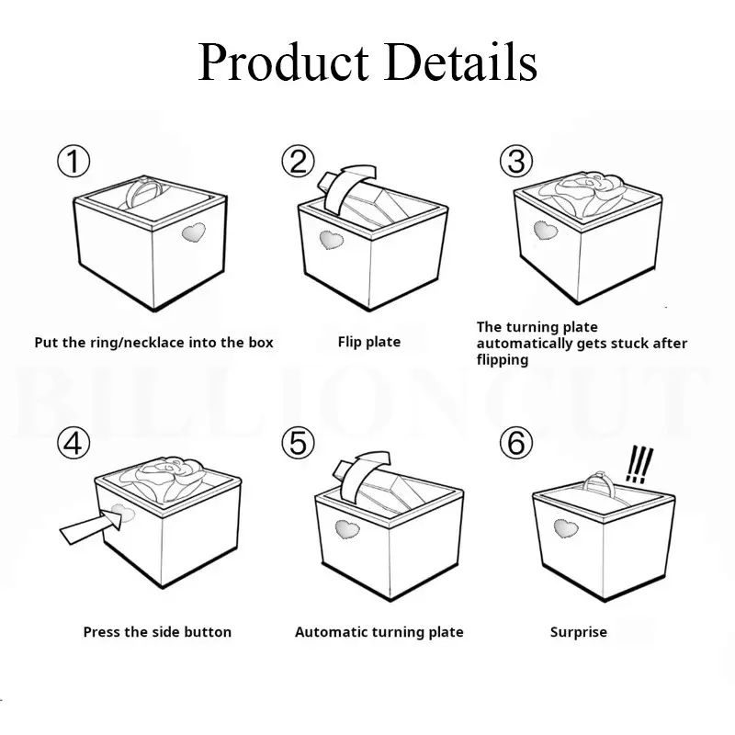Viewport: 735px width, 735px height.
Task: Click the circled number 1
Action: [x=73, y=162]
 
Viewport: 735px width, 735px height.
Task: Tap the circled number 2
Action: [x=298, y=161]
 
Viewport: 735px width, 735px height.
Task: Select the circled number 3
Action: [x=516, y=161]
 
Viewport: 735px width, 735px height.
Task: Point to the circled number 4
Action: [x=73, y=444]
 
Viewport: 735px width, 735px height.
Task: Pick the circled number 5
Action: [x=298, y=443]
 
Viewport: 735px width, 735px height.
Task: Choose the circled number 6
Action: [x=516, y=443]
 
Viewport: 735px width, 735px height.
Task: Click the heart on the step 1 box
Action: [x=194, y=232]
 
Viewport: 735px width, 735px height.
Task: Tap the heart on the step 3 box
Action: [x=545, y=231]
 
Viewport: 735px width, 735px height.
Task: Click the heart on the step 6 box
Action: [x=566, y=528]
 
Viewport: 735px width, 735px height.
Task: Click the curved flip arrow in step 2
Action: [x=346, y=187]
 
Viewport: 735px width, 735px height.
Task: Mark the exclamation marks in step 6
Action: [x=639, y=464]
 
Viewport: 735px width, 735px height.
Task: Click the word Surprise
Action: [x=579, y=632]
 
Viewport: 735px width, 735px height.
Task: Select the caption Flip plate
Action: [x=369, y=342]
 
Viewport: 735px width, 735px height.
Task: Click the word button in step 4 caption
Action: [x=208, y=632]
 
